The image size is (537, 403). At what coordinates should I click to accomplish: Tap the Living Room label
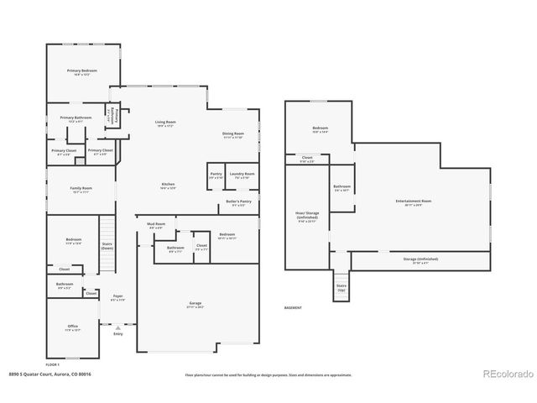(x=164, y=123)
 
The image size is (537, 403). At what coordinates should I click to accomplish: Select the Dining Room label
(x=232, y=134)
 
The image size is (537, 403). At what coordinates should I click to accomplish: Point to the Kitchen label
(x=168, y=186)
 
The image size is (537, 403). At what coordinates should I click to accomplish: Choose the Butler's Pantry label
(x=238, y=202)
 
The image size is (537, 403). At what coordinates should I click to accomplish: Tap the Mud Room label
(x=156, y=225)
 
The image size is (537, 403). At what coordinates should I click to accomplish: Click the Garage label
(x=195, y=306)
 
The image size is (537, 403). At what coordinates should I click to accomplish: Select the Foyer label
(x=117, y=297)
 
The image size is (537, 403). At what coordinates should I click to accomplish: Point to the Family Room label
(x=81, y=189)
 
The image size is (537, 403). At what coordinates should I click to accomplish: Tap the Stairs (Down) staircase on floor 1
(x=107, y=235)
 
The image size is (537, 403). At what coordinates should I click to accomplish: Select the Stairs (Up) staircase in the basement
(x=341, y=287)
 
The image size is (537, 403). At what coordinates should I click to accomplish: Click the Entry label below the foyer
(x=117, y=334)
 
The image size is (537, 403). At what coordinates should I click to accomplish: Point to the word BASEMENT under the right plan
(x=294, y=307)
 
